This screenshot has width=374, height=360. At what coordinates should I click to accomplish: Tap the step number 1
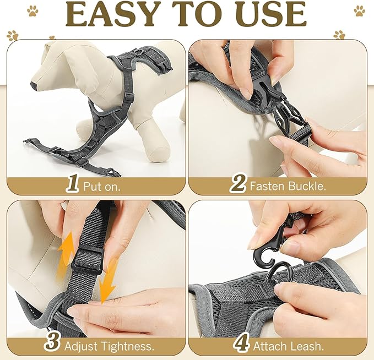click(72, 184)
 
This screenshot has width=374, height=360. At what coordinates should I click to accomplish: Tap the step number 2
click(238, 184)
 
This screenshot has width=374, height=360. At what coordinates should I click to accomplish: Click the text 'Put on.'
click(102, 186)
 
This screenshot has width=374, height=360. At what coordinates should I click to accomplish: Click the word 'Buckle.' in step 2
click(306, 186)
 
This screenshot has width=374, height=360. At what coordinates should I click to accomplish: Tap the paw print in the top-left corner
click(32, 10)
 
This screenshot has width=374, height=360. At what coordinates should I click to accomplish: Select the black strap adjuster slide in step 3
click(87, 259)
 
